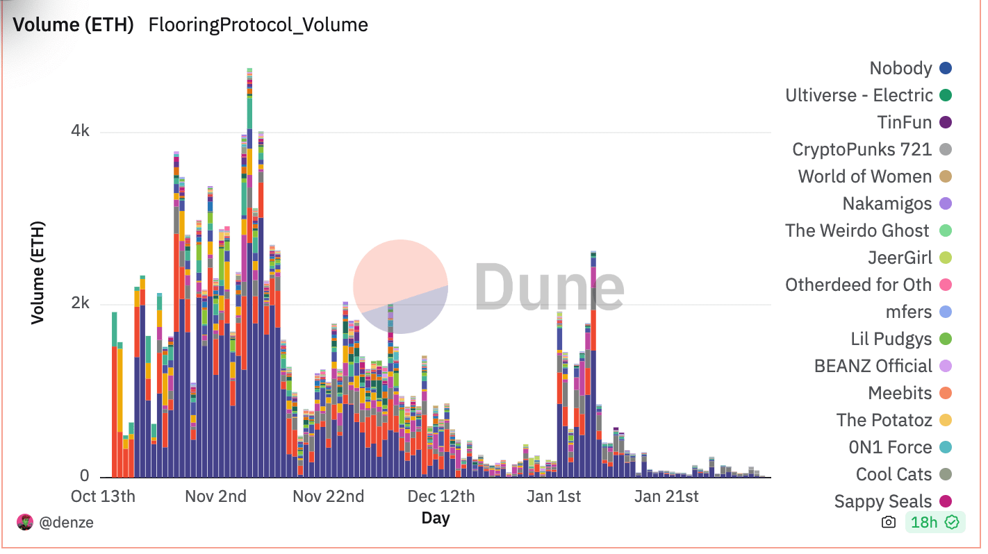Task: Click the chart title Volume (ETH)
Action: pos(73,26)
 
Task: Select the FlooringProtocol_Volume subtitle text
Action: pos(258,26)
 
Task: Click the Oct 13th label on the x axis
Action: pos(104,496)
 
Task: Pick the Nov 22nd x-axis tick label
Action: pos(328,496)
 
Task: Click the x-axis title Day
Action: pos(436,518)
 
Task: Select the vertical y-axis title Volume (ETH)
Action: pos(38,273)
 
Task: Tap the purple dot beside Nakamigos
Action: pos(945,203)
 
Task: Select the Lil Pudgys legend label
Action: pos(891,339)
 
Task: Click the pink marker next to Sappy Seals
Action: pos(945,501)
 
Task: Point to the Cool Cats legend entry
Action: pos(894,474)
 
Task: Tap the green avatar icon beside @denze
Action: pos(25,523)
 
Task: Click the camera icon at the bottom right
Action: pos(888,523)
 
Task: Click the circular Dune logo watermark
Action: pos(400,286)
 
